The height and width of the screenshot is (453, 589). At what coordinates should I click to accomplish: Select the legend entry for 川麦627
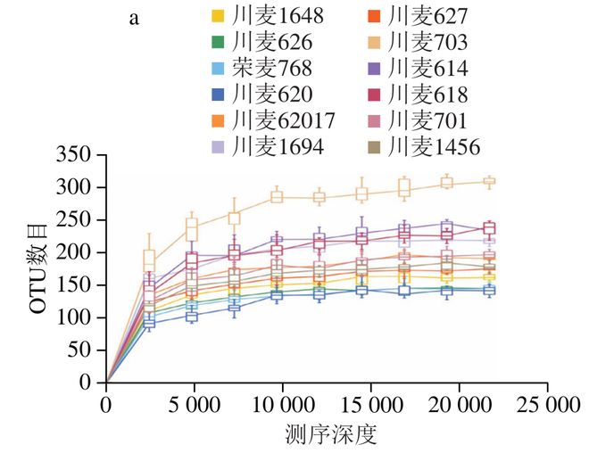pyautogui.click(x=427, y=15)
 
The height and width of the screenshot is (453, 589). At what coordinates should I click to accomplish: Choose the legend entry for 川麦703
pyautogui.click(x=427, y=42)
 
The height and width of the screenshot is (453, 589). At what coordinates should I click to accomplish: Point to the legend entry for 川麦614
pyautogui.click(x=427, y=68)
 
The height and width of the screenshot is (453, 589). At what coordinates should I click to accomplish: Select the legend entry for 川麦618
pyautogui.click(x=427, y=94)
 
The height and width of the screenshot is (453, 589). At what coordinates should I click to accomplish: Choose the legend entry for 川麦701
pyautogui.click(x=427, y=119)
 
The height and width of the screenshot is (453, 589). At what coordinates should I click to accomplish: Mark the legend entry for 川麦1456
pyautogui.click(x=433, y=145)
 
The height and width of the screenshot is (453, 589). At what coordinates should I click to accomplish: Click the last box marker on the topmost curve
pyautogui.click(x=488, y=182)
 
